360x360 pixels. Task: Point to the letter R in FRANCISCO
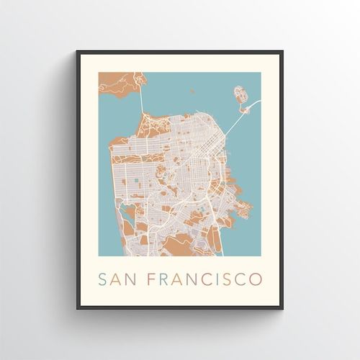166,276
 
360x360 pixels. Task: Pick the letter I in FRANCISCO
216,276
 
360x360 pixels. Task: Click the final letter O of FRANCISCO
256,276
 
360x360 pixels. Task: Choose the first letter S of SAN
102,276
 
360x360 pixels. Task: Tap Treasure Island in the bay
239,94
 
